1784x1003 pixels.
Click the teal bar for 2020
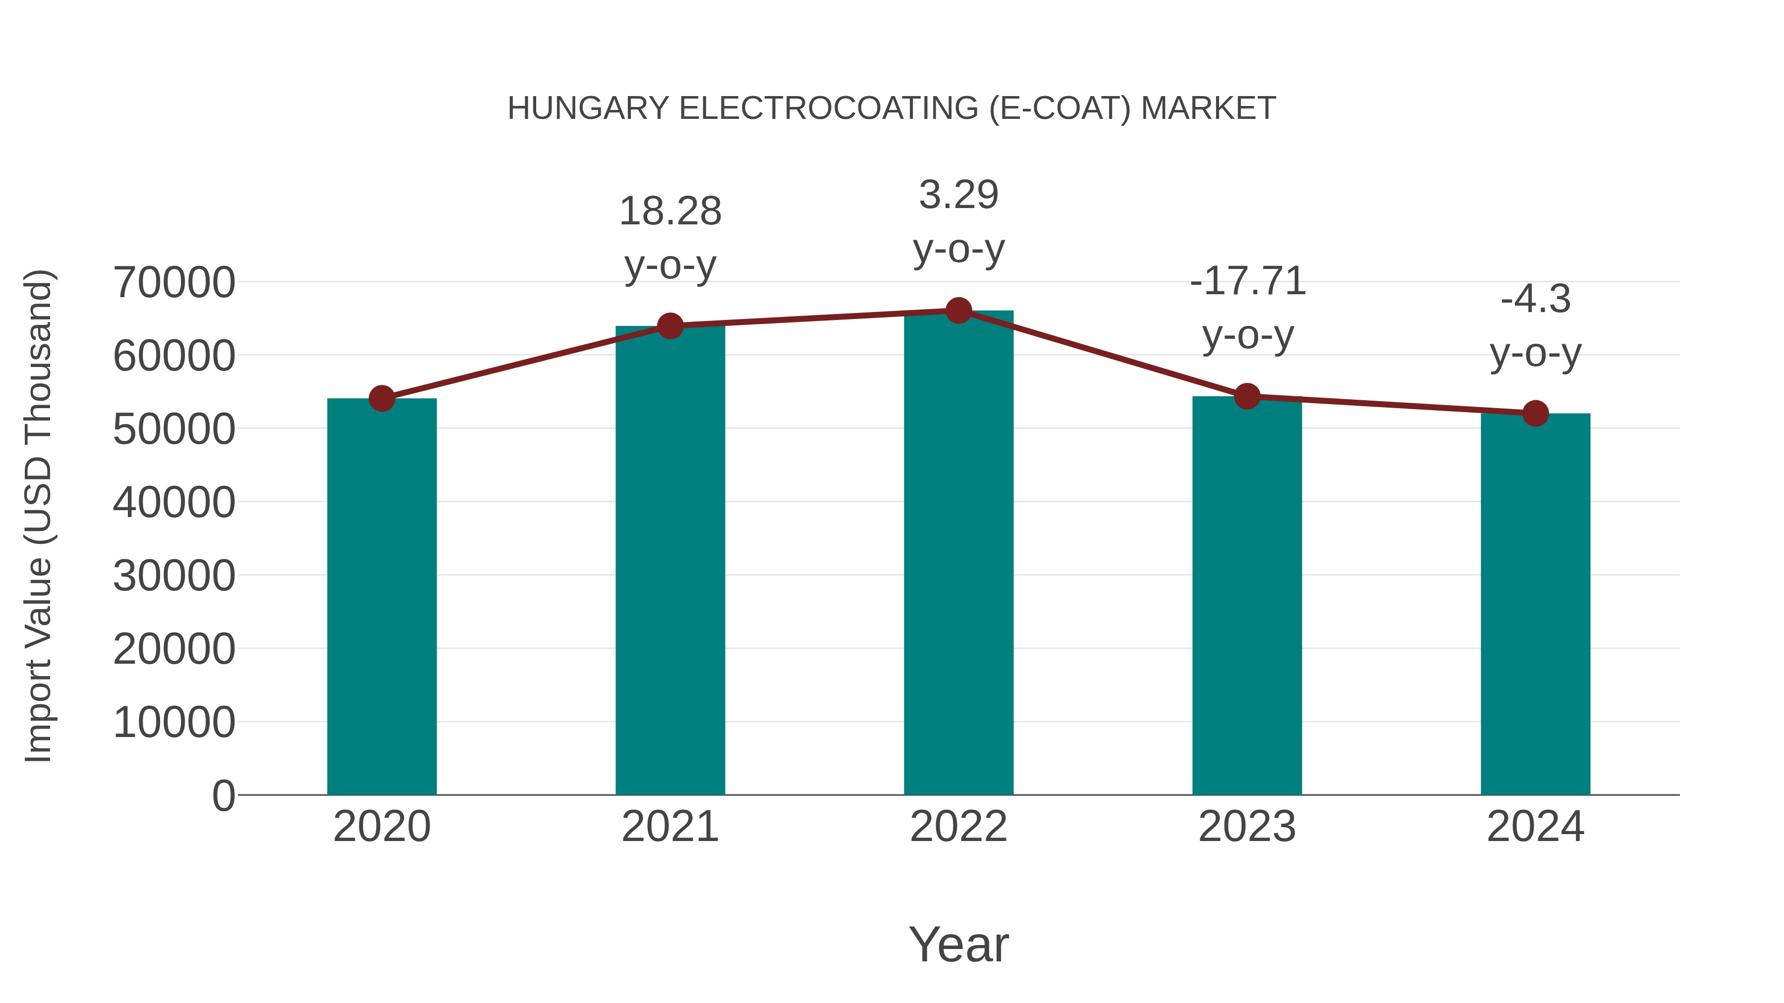click(x=382, y=597)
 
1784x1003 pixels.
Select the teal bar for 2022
click(x=958, y=554)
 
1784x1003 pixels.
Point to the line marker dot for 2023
click(x=1247, y=397)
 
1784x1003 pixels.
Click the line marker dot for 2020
click(x=382, y=399)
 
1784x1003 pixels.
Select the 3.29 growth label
click(x=958, y=195)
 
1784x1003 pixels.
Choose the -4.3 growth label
click(x=1535, y=299)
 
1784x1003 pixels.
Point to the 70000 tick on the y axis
click(x=174, y=282)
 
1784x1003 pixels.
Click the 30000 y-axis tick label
click(x=174, y=575)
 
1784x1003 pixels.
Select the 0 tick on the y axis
click(x=223, y=795)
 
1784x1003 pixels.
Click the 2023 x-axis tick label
click(x=1247, y=827)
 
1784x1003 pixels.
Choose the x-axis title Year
click(x=958, y=944)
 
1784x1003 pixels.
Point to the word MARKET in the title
click(x=1208, y=108)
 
